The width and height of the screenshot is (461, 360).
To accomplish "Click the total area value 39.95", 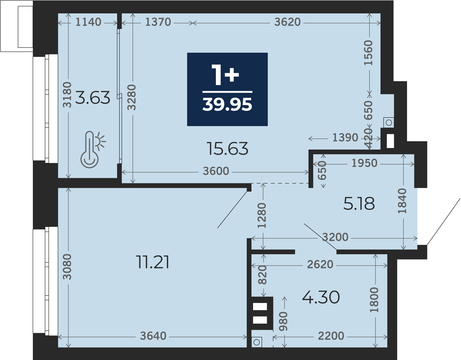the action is click(227, 105).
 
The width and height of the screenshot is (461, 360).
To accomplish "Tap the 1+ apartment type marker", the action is click(225, 75).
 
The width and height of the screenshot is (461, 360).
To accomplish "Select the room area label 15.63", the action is click(227, 149).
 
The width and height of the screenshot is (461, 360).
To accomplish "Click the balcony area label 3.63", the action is click(93, 97).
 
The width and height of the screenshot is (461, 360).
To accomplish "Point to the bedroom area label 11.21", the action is click(152, 262).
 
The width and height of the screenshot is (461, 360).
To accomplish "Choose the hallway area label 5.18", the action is click(359, 204).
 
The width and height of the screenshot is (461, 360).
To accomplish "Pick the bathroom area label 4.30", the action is click(321, 297).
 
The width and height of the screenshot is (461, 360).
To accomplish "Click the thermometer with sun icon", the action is click(93, 150).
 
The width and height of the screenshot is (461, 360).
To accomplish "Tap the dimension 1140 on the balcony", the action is click(88, 22).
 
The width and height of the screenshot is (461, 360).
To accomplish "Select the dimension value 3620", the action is click(288, 22).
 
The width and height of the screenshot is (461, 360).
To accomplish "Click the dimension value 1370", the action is click(158, 22).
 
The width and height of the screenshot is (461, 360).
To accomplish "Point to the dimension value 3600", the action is click(216, 171).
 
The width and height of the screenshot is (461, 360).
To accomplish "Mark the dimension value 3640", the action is click(153, 336).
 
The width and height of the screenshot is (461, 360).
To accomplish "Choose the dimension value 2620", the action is click(320, 265).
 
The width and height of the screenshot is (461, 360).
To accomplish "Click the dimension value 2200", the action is click(331, 336).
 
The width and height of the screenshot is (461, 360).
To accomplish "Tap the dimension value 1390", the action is click(345, 138).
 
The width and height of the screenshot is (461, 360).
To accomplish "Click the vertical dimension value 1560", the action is click(368, 53).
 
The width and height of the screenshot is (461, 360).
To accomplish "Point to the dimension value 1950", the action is click(364, 163).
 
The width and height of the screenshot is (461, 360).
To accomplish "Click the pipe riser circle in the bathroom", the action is click(256, 342).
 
